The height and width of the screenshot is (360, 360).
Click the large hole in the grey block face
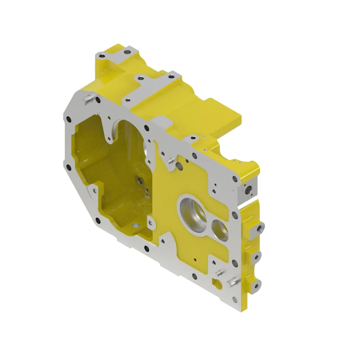pyautogui.click(x=249, y=191)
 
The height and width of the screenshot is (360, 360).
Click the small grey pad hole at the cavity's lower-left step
pyautogui.click(x=93, y=187)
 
